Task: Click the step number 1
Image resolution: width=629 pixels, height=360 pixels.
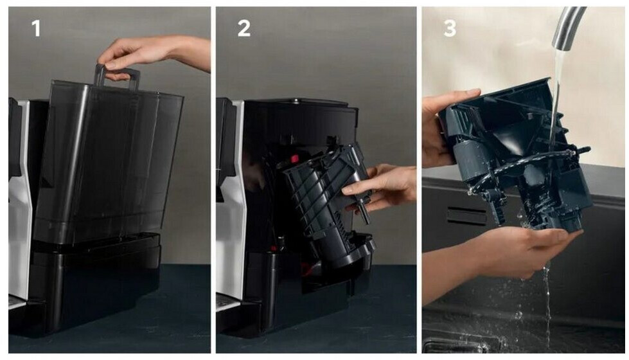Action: [36, 28]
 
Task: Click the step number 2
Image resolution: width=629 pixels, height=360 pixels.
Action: [244, 28]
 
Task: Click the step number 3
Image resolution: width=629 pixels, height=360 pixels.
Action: [450, 28]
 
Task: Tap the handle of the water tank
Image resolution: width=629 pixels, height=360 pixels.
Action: [117, 76]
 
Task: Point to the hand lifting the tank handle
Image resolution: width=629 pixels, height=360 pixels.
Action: [152, 54]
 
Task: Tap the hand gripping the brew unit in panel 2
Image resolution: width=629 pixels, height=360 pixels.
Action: [381, 188]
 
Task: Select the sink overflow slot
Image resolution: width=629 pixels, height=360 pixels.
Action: [466, 216]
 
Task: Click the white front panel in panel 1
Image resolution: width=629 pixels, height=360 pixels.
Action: [19, 201]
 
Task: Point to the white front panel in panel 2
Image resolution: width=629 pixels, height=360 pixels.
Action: [232, 201]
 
